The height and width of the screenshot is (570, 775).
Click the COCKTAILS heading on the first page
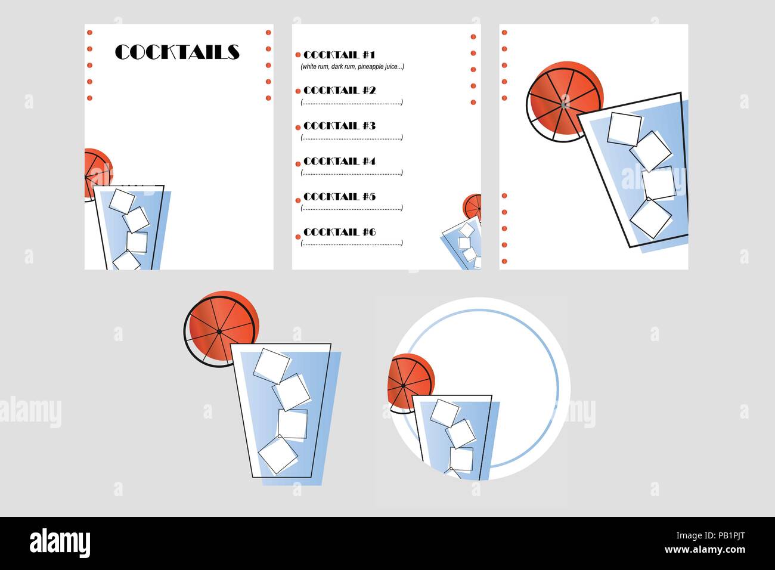coord(177,52)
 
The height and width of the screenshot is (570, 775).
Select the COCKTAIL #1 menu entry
coord(339,55)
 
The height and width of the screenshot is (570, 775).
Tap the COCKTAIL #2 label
coord(339,91)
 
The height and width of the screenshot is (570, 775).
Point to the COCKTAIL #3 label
coord(339,126)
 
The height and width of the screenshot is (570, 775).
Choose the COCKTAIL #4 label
coord(339,161)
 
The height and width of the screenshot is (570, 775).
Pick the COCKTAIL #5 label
coord(339,197)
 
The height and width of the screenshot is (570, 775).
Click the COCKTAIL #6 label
coord(339,232)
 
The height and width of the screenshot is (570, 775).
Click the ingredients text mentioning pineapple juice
coord(352,67)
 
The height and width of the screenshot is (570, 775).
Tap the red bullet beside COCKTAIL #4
coord(298,163)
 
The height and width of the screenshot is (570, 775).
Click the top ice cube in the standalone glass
coord(271,365)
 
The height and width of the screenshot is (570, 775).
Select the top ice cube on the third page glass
coord(624,128)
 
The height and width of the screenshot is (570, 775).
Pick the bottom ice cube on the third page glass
coord(650,218)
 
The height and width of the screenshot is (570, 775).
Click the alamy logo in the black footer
coord(60,543)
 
